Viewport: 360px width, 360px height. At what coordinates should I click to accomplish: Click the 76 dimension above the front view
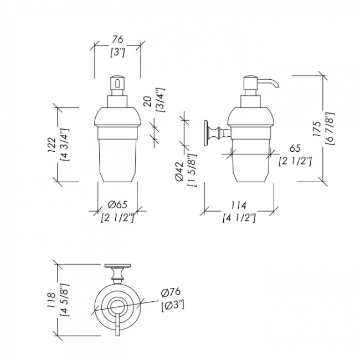(117, 39)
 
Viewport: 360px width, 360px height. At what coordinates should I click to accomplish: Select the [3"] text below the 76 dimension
(117, 53)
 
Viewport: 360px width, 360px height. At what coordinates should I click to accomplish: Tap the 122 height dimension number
(52, 145)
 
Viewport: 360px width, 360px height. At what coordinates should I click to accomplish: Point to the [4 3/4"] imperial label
(64, 145)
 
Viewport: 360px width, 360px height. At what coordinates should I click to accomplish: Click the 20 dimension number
(148, 101)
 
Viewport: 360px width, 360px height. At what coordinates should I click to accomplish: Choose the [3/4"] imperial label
(160, 100)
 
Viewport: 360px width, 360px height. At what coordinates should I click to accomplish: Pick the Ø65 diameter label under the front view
(117, 204)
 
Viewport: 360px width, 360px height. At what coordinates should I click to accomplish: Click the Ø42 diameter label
(179, 171)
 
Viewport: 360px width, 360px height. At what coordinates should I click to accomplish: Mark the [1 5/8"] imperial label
(192, 170)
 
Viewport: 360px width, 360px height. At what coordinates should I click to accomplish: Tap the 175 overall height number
(317, 129)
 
